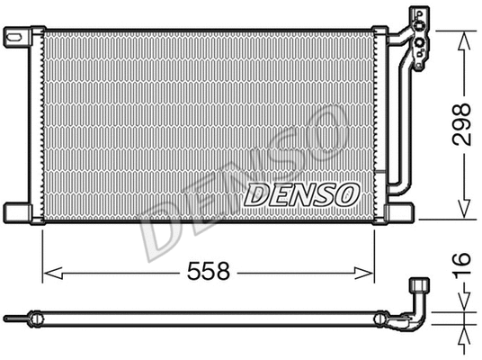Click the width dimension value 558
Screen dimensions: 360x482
[209, 270]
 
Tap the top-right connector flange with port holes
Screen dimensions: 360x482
[419, 37]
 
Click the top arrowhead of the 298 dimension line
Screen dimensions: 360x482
[464, 35]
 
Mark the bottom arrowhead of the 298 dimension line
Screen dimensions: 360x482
[464, 213]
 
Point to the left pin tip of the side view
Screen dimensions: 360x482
[7, 318]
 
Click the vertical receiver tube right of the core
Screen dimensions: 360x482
[389, 117]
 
